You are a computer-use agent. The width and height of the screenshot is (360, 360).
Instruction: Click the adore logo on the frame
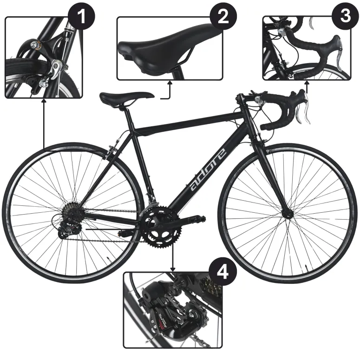[x=208, y=170]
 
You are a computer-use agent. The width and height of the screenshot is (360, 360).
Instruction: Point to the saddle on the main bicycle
[x=125, y=97]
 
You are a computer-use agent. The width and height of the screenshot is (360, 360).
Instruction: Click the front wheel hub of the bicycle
[x=287, y=213]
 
